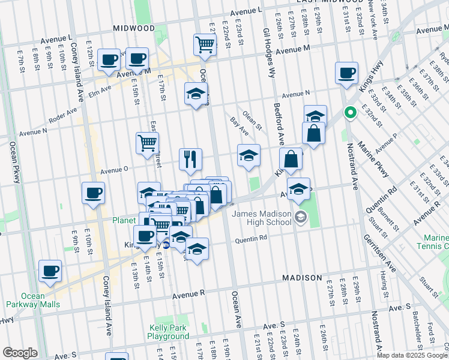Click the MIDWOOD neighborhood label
[133, 28]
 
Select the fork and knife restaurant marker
[191, 159]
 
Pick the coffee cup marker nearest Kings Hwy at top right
[347, 73]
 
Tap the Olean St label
[252, 120]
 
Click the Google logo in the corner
[20, 353]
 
